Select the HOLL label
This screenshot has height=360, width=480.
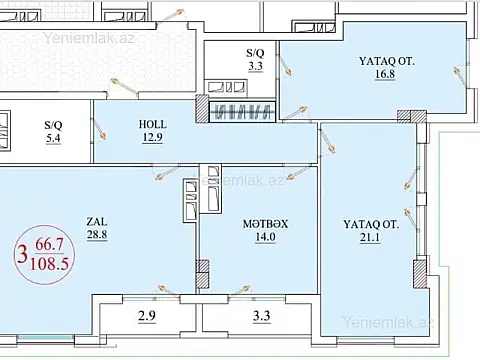tap(152, 125)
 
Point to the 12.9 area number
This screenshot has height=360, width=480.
tap(152, 139)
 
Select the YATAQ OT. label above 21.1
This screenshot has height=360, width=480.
tap(371, 225)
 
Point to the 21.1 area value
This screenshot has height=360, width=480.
tap(371, 240)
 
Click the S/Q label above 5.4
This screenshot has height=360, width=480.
tap(53, 125)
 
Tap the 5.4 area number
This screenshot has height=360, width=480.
tap(53, 139)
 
